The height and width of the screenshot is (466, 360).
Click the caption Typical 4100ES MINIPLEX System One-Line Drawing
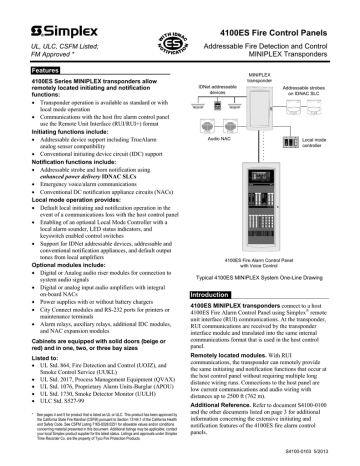click(x=268, y=251)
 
